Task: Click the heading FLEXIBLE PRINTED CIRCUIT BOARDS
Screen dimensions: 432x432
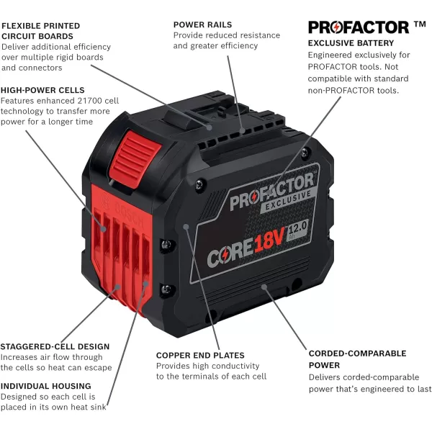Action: pyautogui.click(x=40, y=30)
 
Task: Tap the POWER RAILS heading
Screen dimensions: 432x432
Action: pyautogui.click(x=202, y=24)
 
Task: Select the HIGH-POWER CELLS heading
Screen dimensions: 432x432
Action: pyautogui.click(x=42, y=90)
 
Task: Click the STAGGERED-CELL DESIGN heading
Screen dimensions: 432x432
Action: pyautogui.click(x=55, y=346)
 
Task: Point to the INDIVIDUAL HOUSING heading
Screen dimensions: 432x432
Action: pyautogui.click(x=45, y=386)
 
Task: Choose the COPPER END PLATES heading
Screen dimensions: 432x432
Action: pyautogui.click(x=200, y=355)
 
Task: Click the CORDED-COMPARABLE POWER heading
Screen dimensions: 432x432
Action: pyautogui.click(x=357, y=359)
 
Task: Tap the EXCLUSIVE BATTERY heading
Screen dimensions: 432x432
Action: pyautogui.click(x=351, y=43)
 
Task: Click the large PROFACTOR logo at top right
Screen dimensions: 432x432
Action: pyautogui.click(x=358, y=27)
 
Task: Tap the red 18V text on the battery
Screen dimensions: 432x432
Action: pyautogui.click(x=272, y=244)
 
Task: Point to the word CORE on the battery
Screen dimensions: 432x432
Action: pyautogui.click(x=229, y=254)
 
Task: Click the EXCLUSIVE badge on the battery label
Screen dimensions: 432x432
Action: pyautogui.click(x=292, y=197)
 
